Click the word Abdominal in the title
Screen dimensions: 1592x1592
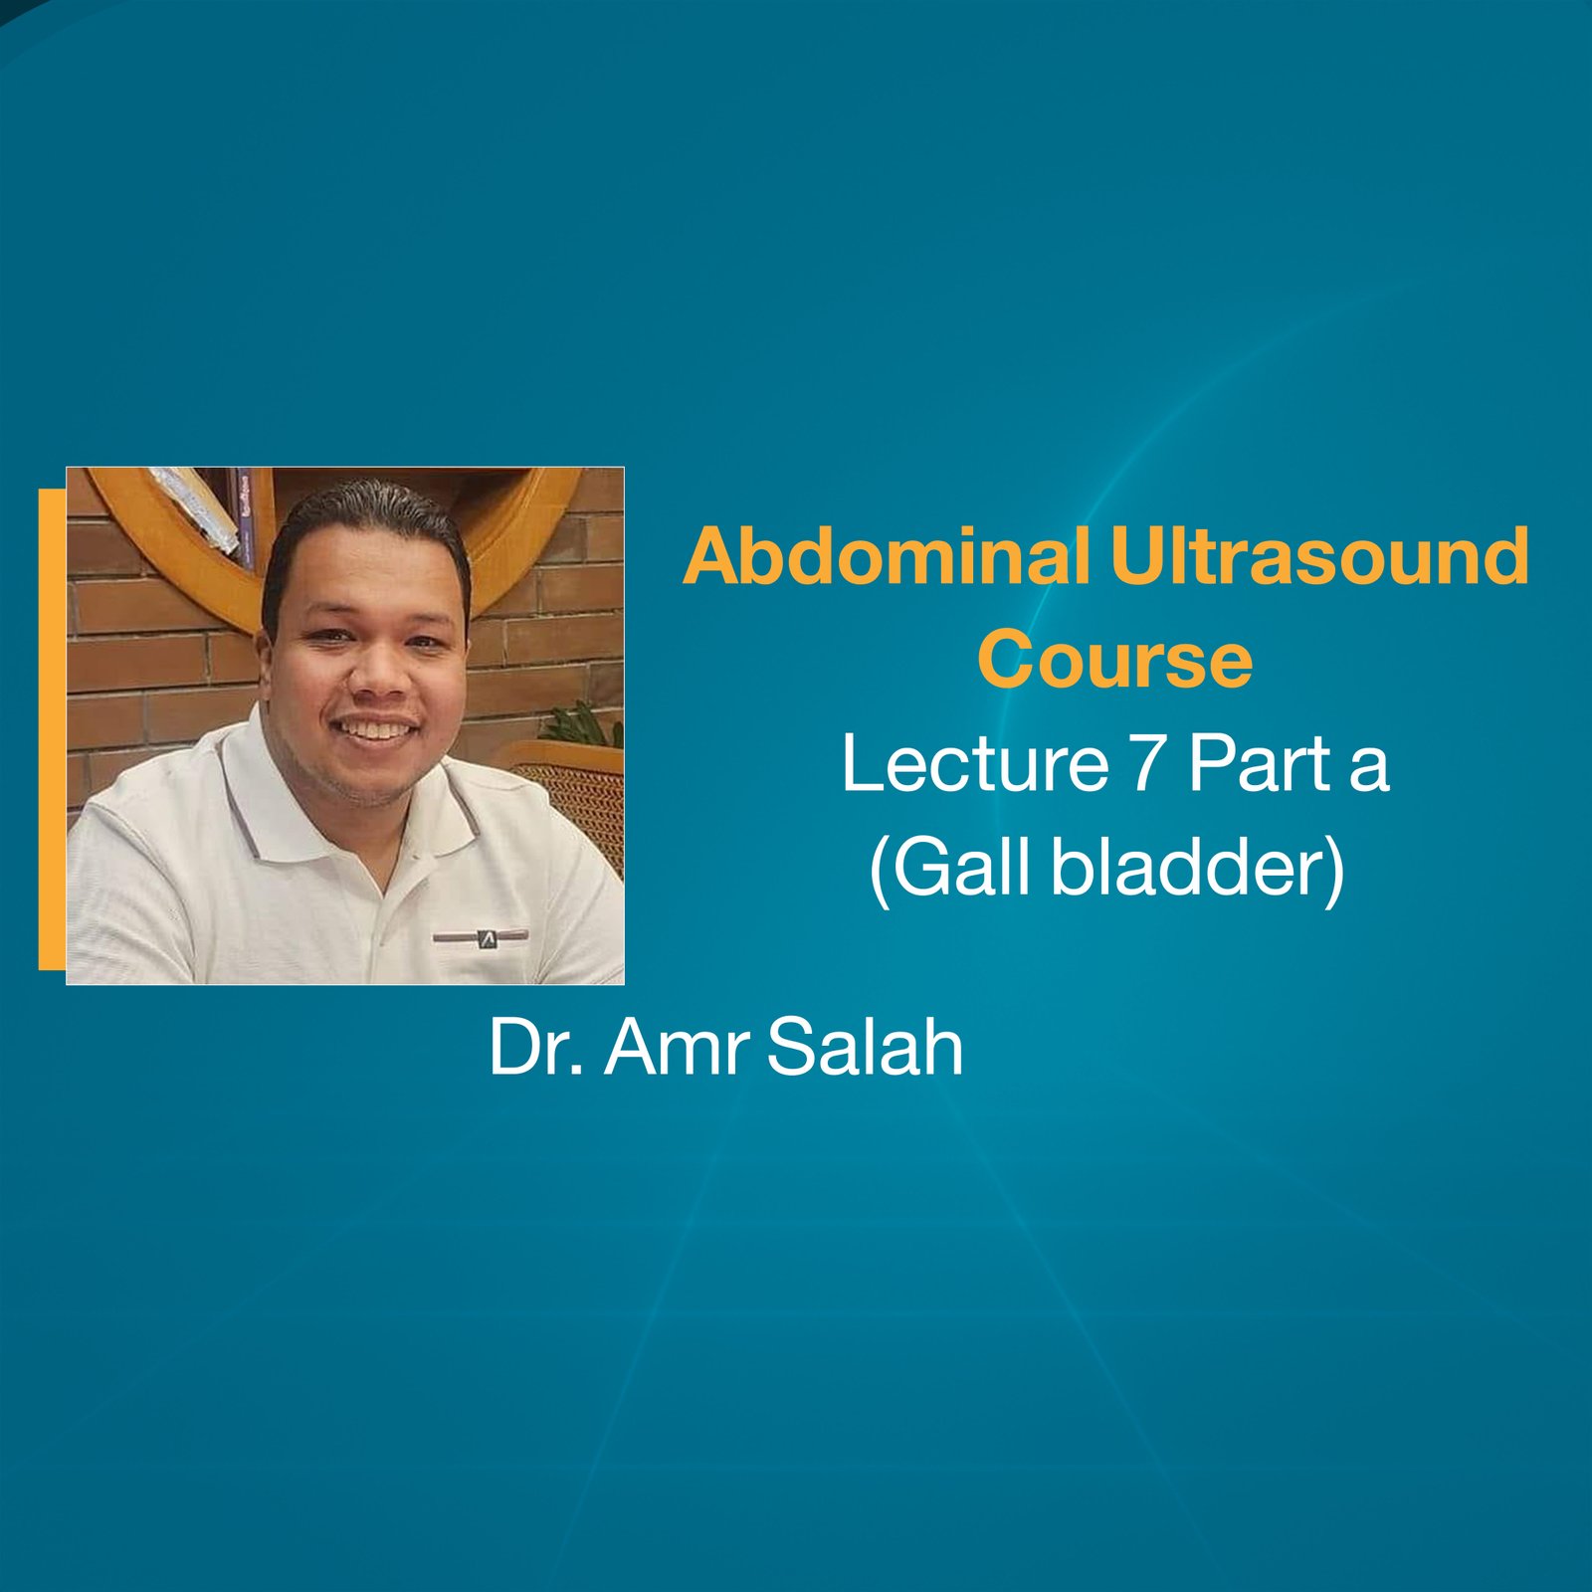(886, 556)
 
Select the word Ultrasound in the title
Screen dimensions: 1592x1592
(1319, 556)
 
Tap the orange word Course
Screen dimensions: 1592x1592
(1114, 660)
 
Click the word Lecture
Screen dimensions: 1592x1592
(975, 763)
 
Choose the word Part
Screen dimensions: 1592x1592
(1260, 763)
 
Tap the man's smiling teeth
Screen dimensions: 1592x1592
(376, 729)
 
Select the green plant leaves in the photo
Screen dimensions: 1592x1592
(587, 723)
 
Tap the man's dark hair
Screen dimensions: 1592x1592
(368, 512)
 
